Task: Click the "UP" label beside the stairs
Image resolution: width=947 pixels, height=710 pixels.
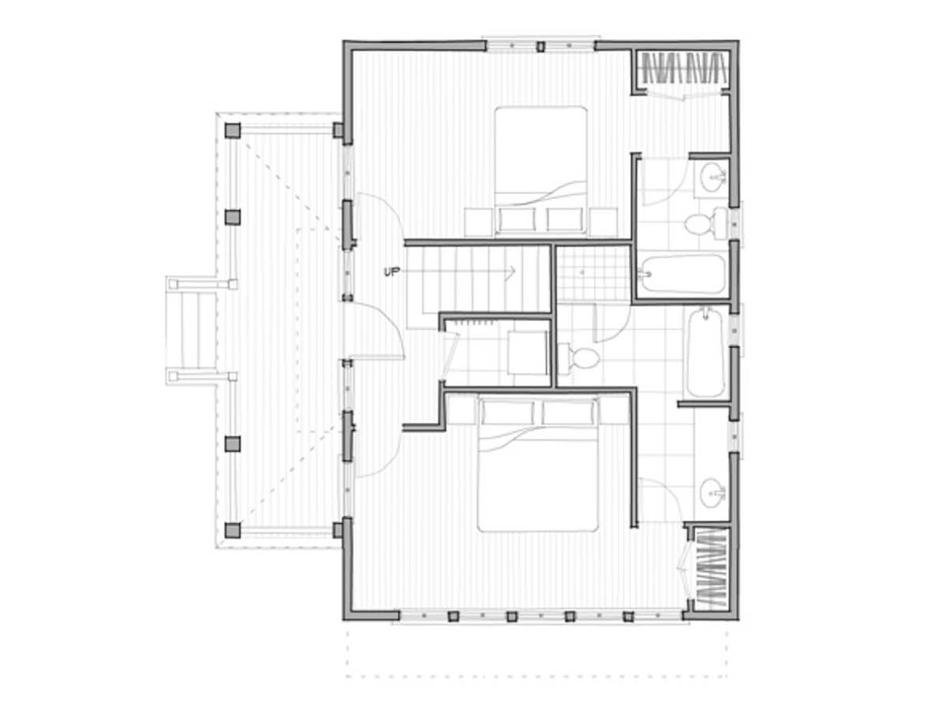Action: click(x=391, y=271)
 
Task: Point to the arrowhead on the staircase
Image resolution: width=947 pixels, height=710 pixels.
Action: click(x=511, y=272)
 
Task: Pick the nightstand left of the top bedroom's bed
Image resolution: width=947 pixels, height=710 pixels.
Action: click(x=478, y=222)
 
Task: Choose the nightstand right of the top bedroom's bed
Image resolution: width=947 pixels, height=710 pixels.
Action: click(x=603, y=222)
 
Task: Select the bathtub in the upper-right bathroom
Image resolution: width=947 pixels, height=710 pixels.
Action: click(x=681, y=275)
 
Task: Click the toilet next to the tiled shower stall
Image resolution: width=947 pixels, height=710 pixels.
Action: click(x=579, y=357)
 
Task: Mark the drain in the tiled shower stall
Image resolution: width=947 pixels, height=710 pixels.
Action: click(x=582, y=272)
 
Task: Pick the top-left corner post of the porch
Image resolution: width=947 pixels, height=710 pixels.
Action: click(x=233, y=130)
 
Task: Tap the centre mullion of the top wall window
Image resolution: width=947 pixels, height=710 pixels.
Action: click(x=540, y=47)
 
